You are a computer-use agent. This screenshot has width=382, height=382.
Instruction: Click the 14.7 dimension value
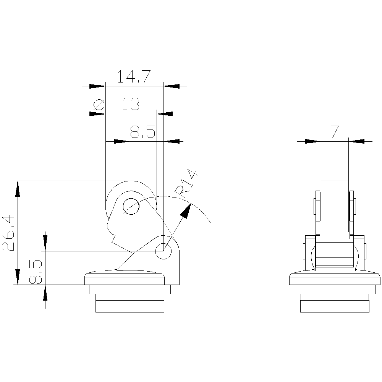click(134, 76)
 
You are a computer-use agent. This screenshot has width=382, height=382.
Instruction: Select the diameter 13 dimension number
click(131, 104)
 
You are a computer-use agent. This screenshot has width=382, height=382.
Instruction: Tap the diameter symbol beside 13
click(99, 105)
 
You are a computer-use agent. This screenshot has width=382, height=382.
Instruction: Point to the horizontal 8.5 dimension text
click(142, 132)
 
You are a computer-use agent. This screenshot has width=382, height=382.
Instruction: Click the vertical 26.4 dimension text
click(8, 232)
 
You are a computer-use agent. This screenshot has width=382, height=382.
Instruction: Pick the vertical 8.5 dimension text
click(36, 272)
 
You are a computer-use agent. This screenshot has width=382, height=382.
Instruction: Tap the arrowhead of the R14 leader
click(186, 210)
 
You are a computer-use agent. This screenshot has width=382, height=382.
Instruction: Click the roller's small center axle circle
click(131, 206)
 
